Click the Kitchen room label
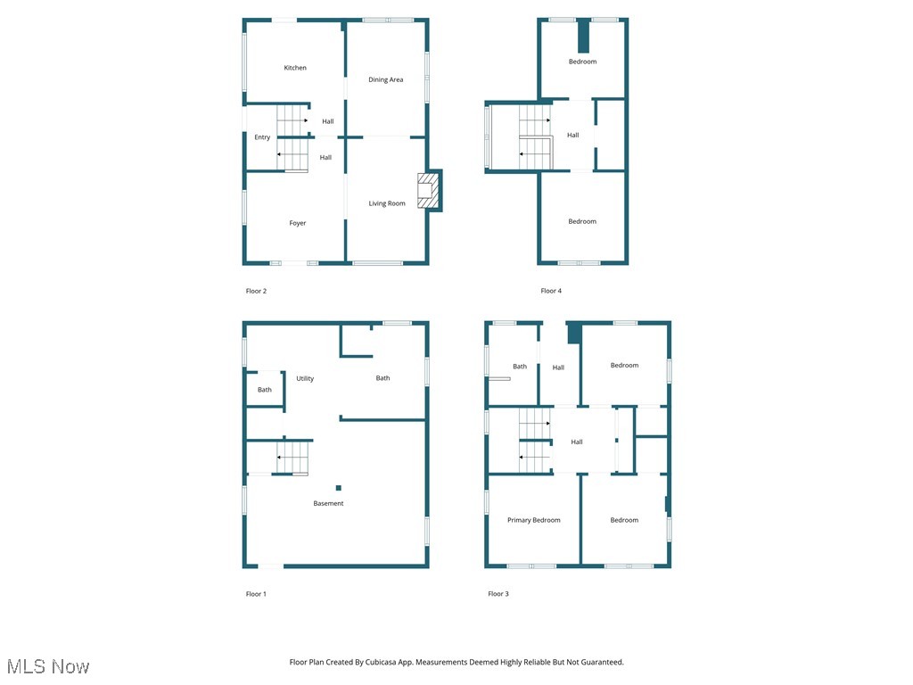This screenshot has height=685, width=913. point(295,68)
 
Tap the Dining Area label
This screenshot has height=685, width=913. point(386,80)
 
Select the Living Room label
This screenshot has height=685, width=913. point(387,203)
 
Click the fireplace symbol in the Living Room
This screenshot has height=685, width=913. point(429,191)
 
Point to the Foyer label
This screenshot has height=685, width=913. point(298,223)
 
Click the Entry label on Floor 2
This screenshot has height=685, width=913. point(262,137)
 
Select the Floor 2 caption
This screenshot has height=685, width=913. point(256,291)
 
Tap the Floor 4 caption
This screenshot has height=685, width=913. point(551,291)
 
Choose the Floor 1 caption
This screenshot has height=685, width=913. point(256,594)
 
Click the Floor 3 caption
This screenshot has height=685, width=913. point(498,594)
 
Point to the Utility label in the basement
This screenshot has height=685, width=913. point(305,379)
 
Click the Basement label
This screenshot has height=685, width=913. point(328,504)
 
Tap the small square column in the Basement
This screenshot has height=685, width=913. point(339,488)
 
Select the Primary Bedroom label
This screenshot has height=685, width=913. point(534,520)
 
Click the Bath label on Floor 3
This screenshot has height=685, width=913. point(520,367)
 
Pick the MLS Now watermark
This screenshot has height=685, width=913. point(48,666)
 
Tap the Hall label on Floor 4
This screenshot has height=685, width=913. point(573,136)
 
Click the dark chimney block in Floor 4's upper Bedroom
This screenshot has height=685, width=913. point(584,37)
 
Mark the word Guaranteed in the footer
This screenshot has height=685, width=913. point(601,663)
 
